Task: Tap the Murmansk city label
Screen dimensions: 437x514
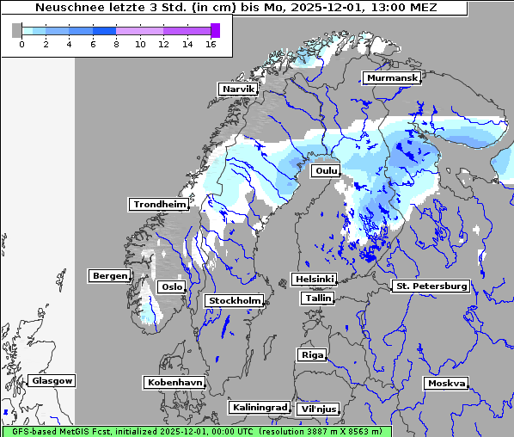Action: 392,78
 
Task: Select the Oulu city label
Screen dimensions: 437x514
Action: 327,171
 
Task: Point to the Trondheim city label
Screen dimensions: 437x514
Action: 159,204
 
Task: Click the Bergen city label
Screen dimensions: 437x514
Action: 109,276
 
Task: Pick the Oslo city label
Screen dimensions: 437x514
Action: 172,286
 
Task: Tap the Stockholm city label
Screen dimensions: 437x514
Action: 234,300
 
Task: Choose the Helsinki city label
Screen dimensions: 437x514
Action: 314,279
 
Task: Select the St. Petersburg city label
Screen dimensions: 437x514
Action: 430,286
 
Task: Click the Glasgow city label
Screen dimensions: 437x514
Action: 52,380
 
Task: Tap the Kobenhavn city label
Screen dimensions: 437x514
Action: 174,381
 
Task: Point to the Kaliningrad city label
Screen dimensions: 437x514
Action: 259,407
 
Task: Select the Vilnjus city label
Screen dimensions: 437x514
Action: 318,409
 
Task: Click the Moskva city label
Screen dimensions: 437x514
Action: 446,383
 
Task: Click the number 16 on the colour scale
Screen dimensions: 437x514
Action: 211,44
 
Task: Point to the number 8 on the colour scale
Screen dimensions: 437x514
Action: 116,44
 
